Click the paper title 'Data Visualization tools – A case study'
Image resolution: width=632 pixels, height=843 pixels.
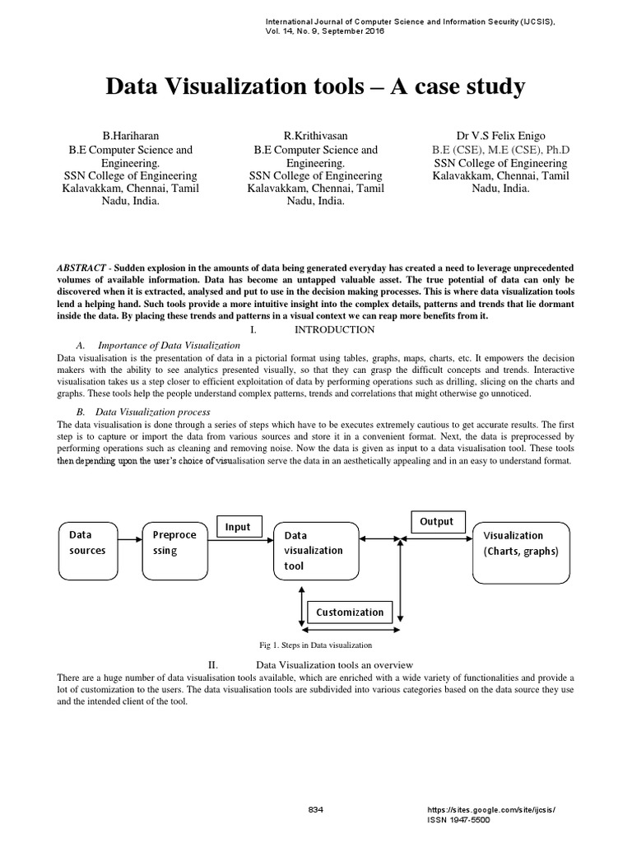[315, 86]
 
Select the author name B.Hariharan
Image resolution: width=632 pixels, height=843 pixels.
[130, 134]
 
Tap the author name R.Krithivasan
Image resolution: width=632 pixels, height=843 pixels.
[314, 134]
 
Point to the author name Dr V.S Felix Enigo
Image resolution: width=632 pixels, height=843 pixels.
[500, 134]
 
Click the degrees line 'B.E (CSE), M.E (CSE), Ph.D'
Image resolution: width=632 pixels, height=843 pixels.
[500, 150]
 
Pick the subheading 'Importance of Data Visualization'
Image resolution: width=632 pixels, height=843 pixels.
[169, 345]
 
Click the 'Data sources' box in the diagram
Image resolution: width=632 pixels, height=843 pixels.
[88, 543]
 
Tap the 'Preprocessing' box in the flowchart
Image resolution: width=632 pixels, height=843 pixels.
[174, 543]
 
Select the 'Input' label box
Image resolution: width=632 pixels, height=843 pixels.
[238, 527]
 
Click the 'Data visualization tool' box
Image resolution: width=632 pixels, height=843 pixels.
[311, 551]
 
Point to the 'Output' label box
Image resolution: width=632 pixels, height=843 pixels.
[437, 522]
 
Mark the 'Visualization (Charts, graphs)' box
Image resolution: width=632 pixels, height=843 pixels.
[521, 543]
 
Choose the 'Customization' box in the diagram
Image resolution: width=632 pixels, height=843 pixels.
[350, 612]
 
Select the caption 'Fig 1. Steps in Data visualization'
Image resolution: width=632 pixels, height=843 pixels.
[315, 645]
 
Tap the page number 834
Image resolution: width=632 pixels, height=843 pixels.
[315, 809]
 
